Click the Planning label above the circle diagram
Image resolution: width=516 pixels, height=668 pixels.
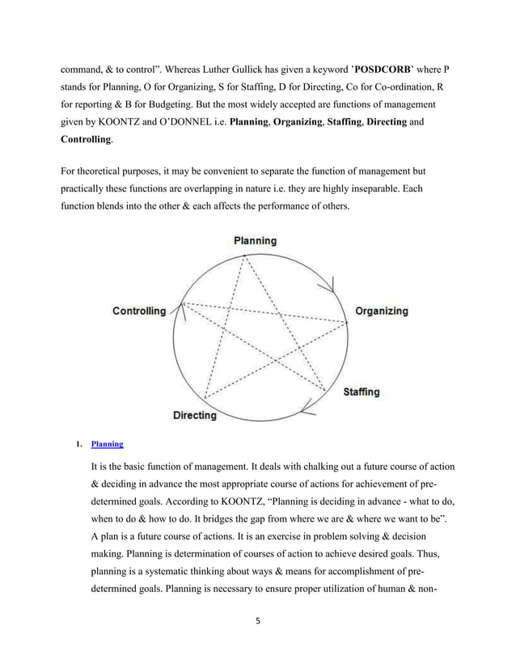(255, 240)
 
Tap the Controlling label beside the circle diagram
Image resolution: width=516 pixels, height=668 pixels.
(138, 311)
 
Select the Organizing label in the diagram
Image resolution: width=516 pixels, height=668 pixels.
(382, 311)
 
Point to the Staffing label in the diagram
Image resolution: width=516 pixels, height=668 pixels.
(361, 391)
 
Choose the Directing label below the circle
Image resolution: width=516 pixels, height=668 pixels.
(194, 416)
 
